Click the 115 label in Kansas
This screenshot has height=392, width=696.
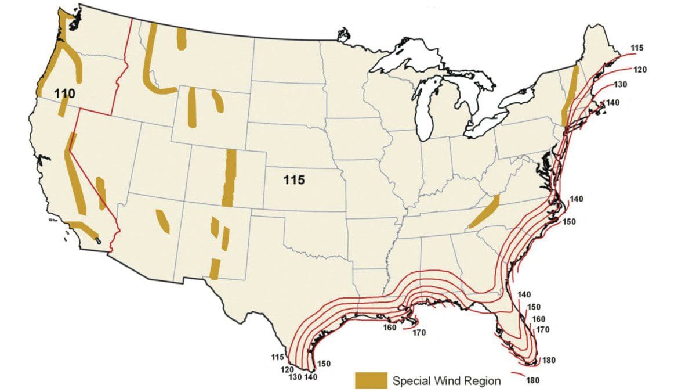tap(294, 180)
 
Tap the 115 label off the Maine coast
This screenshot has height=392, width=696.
tap(636, 48)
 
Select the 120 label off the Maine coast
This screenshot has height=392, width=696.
tap(640, 70)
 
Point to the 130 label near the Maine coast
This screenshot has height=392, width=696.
tap(621, 85)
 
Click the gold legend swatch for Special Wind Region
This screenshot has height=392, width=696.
tap(371, 380)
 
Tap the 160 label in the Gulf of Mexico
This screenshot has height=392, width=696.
tap(390, 328)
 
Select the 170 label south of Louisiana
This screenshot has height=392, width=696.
tap(419, 333)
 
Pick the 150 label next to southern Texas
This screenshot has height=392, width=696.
tap(324, 364)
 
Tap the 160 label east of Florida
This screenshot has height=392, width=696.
tap(538, 319)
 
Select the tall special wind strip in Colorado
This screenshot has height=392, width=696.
tap(230, 177)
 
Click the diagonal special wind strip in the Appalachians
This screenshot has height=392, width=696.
tap(484, 213)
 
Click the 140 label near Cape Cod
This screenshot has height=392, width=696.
tap(613, 103)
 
